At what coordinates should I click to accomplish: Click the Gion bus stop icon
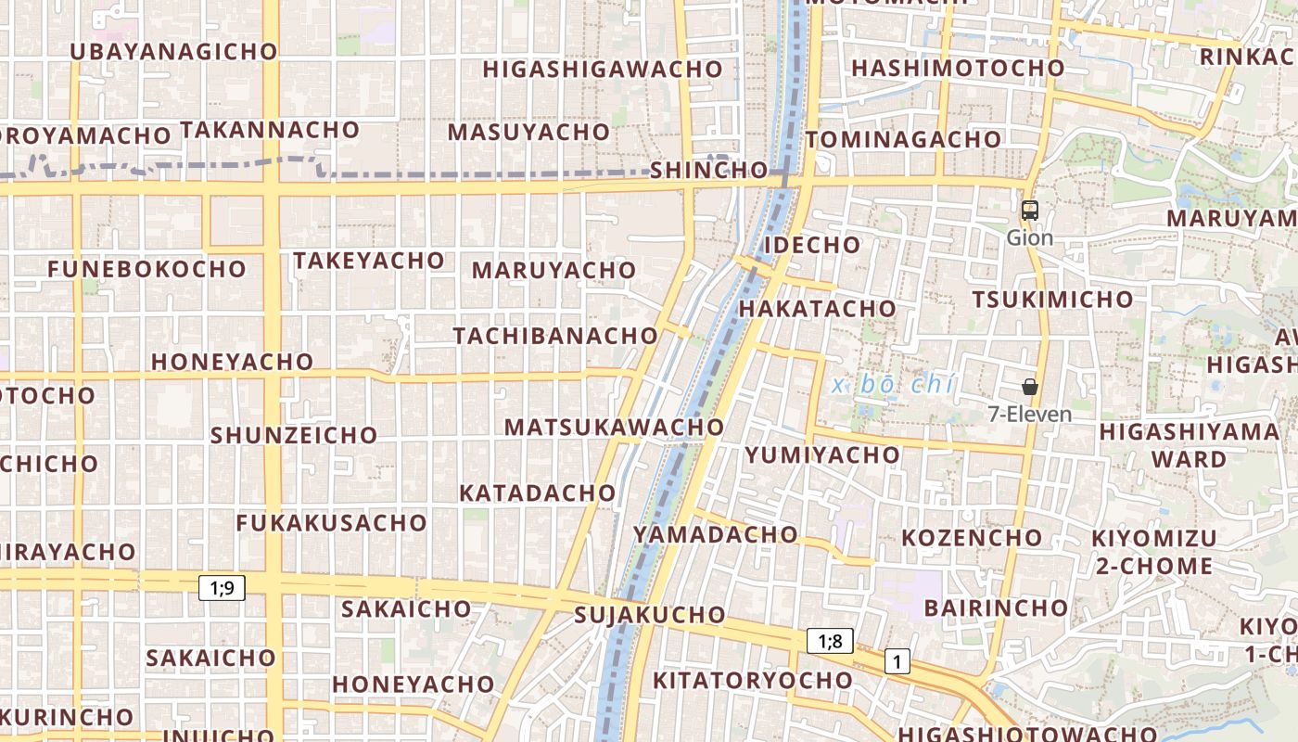click(x=1029, y=211)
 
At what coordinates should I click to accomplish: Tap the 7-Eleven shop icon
click(x=1029, y=387)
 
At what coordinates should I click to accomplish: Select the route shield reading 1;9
click(x=222, y=587)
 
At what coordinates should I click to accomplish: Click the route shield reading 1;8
click(x=830, y=641)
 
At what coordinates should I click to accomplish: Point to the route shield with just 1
click(x=897, y=661)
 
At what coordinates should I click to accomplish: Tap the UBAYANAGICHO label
click(x=174, y=52)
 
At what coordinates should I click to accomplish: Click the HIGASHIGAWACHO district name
click(x=603, y=70)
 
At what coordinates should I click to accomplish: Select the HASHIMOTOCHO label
click(x=958, y=69)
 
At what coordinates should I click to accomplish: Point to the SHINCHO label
click(x=709, y=171)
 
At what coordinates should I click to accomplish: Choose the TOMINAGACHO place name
click(x=904, y=140)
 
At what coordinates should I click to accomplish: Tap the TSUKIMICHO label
click(x=1052, y=300)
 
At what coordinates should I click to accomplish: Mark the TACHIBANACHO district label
click(x=555, y=336)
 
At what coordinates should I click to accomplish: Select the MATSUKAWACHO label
click(x=614, y=428)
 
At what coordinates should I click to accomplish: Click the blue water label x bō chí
click(x=893, y=385)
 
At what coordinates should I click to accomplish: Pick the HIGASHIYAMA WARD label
click(x=1189, y=445)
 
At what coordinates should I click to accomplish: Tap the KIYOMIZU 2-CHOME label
click(x=1153, y=553)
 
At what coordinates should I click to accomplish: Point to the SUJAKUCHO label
click(x=650, y=615)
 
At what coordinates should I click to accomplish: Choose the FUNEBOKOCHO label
click(x=147, y=270)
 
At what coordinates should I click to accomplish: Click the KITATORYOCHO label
click(x=753, y=681)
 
